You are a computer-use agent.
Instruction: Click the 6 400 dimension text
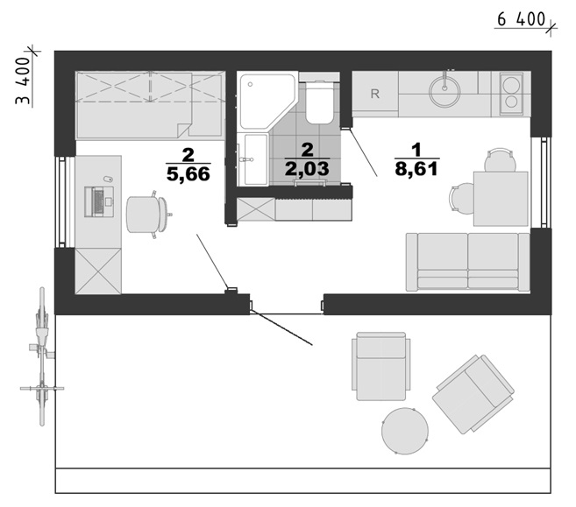pos(521,19)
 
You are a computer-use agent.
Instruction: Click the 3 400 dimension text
pos(23,81)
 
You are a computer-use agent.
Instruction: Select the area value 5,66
pos(188,174)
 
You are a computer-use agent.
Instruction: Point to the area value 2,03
pos(307,169)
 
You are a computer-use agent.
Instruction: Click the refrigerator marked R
pos(375,94)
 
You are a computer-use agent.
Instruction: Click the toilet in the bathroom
pos(320,102)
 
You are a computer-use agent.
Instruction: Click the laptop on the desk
pos(99,201)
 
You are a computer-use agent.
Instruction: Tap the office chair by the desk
pos(147,215)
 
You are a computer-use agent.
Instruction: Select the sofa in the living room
pos(467,262)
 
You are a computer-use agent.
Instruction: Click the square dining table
pos(501,199)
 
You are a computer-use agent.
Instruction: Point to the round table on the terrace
pos(405,431)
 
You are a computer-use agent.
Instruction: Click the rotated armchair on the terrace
pos(473,394)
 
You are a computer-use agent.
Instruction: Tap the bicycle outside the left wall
pos(42,356)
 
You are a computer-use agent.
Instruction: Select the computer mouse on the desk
pos(108,179)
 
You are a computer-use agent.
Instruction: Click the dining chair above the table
pos(500,160)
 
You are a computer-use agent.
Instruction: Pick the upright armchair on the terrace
pos(381,366)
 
